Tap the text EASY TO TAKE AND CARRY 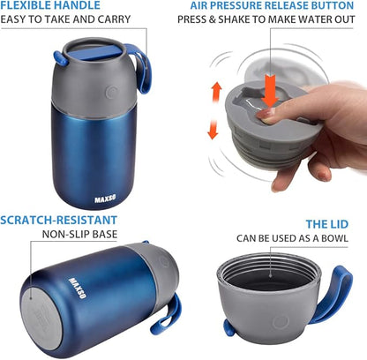click(65, 19)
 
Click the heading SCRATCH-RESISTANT click(59, 220)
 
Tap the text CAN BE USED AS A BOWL click(291, 238)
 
